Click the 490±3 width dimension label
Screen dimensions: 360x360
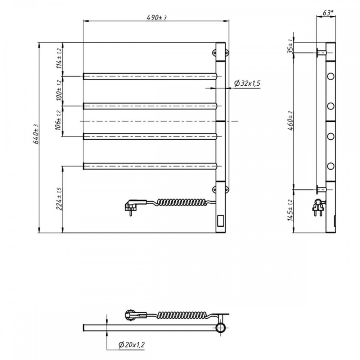[157, 17]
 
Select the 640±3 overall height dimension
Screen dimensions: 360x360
[36, 134]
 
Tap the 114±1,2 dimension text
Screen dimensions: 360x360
[59, 59]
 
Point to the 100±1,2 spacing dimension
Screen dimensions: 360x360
[59, 90]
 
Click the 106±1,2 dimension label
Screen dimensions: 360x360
[58, 121]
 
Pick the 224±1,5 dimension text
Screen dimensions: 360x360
[59, 199]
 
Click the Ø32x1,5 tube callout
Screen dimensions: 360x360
[247, 83]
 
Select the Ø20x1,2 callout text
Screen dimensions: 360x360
[131, 345]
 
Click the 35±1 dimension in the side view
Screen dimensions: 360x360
[291, 46]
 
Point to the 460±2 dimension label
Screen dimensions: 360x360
[291, 121]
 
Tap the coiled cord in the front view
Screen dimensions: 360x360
[181, 202]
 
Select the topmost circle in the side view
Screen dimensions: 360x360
[330, 76]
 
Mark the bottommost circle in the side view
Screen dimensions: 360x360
[330, 166]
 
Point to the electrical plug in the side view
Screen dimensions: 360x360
[319, 207]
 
